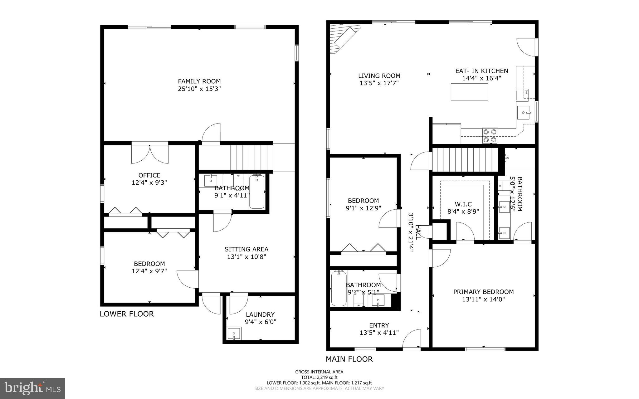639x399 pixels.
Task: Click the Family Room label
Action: click(x=199, y=81)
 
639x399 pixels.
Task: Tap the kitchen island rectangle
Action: click(x=469, y=92)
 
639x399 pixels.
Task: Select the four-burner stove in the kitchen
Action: click(x=489, y=136)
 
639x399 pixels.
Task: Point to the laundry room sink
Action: click(x=234, y=334)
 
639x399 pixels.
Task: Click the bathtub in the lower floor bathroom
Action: click(x=257, y=192)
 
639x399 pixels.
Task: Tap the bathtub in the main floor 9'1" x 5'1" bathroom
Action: click(x=339, y=289)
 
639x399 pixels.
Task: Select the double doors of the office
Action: click(x=150, y=154)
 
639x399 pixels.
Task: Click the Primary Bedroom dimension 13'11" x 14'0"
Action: click(x=483, y=299)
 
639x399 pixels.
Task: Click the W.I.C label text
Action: click(x=463, y=204)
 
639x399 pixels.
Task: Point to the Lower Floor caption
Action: click(x=127, y=314)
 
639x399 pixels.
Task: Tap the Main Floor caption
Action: click(x=349, y=359)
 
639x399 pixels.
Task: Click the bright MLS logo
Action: click(x=32, y=388)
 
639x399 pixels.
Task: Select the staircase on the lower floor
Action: click(x=251, y=157)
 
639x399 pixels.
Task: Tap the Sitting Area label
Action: click(x=246, y=249)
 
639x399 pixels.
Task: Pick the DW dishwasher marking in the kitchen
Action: click(x=526, y=92)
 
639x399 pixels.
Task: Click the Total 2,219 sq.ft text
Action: click(x=319, y=377)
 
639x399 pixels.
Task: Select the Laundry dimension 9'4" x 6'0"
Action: click(x=260, y=322)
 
